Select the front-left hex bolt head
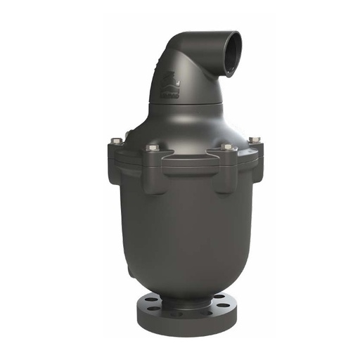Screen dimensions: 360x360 click(x=153, y=148)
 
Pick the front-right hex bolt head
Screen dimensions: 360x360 click(x=228, y=148)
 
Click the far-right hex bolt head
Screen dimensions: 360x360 click(x=254, y=141)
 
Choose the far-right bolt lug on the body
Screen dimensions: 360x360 click(x=255, y=156)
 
